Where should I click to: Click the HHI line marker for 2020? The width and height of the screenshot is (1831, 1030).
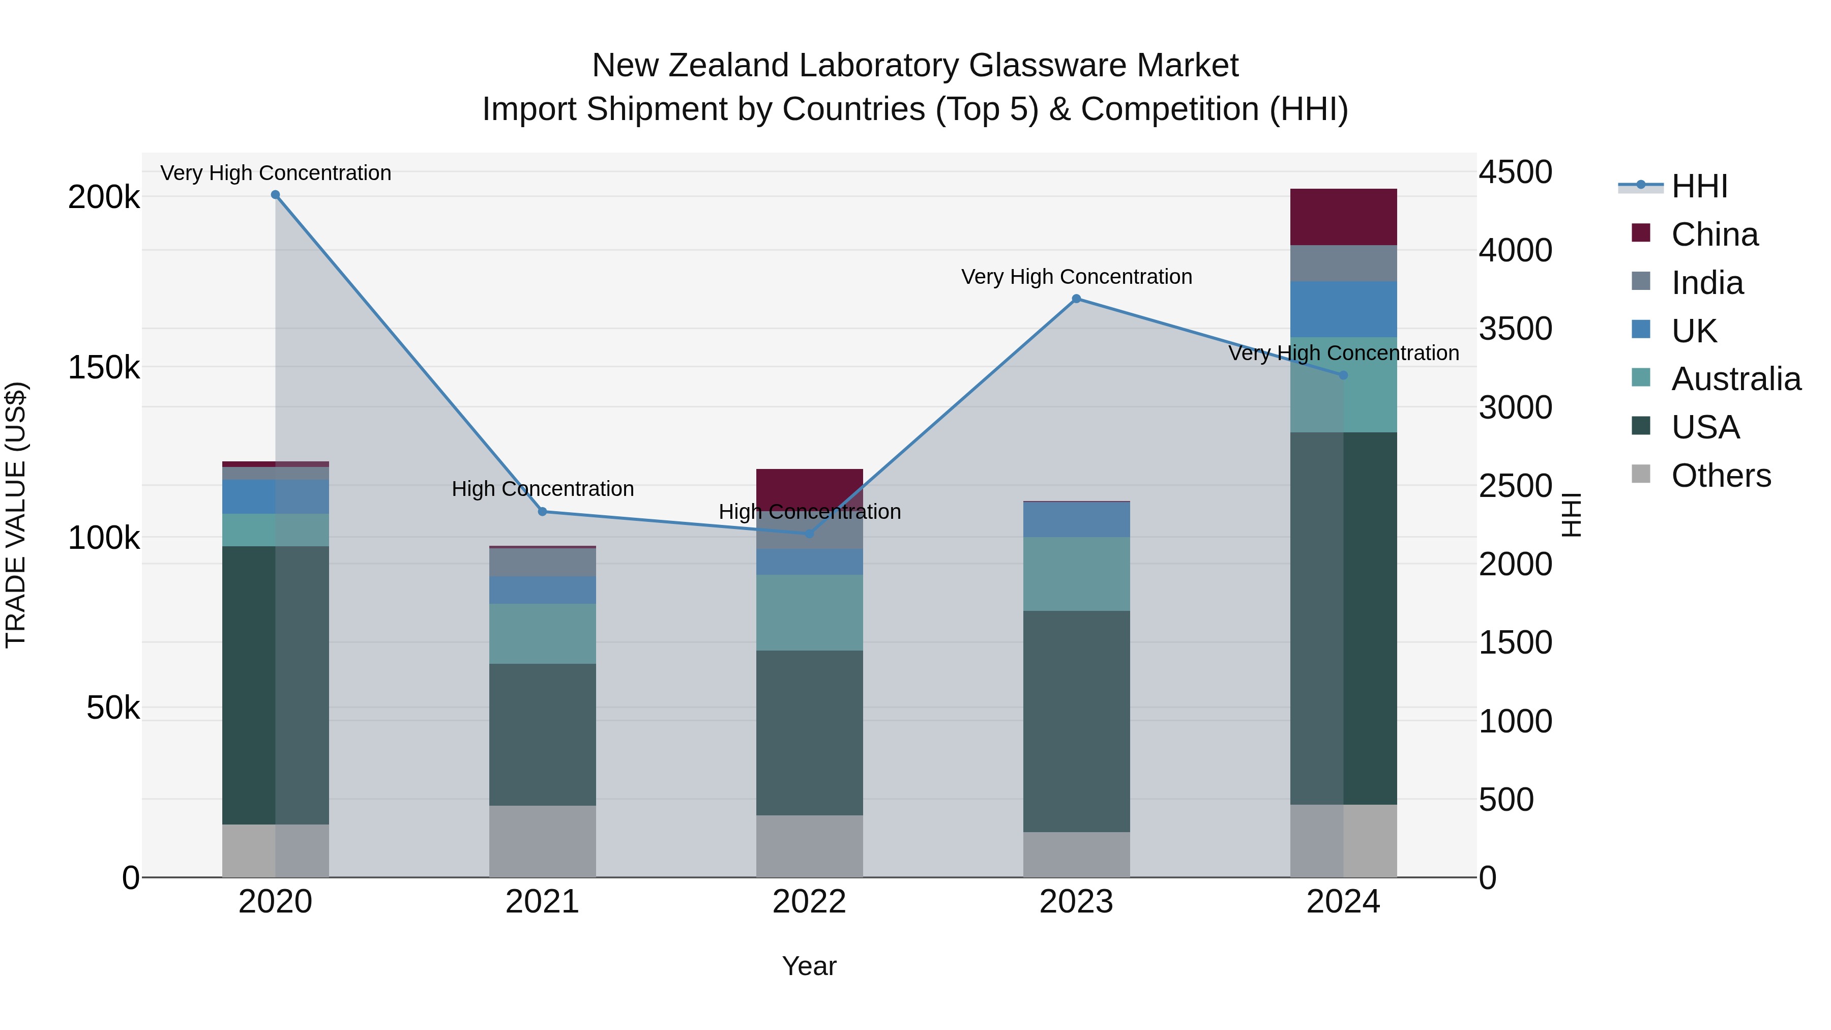(276, 195)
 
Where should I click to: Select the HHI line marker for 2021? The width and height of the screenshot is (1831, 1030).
(542, 512)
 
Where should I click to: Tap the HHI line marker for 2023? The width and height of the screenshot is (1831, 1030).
(1076, 299)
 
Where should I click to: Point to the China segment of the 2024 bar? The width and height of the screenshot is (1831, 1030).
(1343, 217)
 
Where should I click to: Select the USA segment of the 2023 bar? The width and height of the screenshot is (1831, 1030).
(1076, 721)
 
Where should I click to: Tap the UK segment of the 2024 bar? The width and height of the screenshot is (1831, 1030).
(1343, 309)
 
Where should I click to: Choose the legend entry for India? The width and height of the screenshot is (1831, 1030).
(1706, 283)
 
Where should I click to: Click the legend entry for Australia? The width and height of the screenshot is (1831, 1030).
(1735, 379)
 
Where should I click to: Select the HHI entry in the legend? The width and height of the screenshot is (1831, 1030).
(1699, 186)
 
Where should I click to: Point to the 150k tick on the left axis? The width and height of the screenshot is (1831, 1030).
(104, 368)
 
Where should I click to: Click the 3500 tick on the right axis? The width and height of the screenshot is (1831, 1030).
(1516, 329)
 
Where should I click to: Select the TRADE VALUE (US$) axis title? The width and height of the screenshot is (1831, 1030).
(16, 515)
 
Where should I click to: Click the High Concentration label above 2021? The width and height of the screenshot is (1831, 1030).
(542, 489)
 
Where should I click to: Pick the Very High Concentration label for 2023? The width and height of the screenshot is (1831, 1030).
(1076, 277)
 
